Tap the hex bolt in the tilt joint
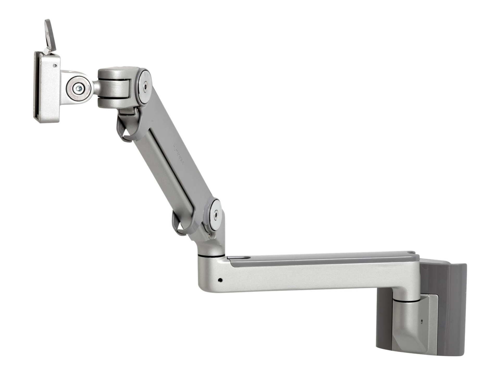78,89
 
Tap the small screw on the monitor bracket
55,66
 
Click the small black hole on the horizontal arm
220,280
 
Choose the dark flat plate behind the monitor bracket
37,87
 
